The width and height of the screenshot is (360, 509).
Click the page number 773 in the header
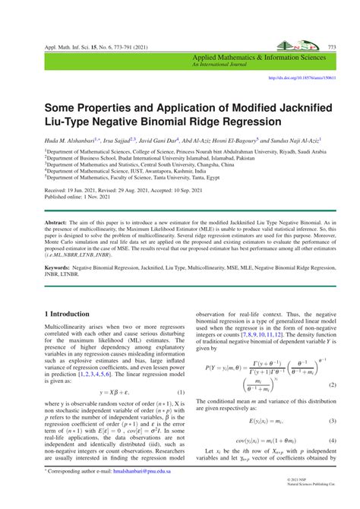coord(332,46)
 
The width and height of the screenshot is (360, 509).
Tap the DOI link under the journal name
coord(303,77)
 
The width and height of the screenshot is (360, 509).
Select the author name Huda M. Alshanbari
coord(71,140)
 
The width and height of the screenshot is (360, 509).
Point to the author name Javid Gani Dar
coord(169,140)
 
